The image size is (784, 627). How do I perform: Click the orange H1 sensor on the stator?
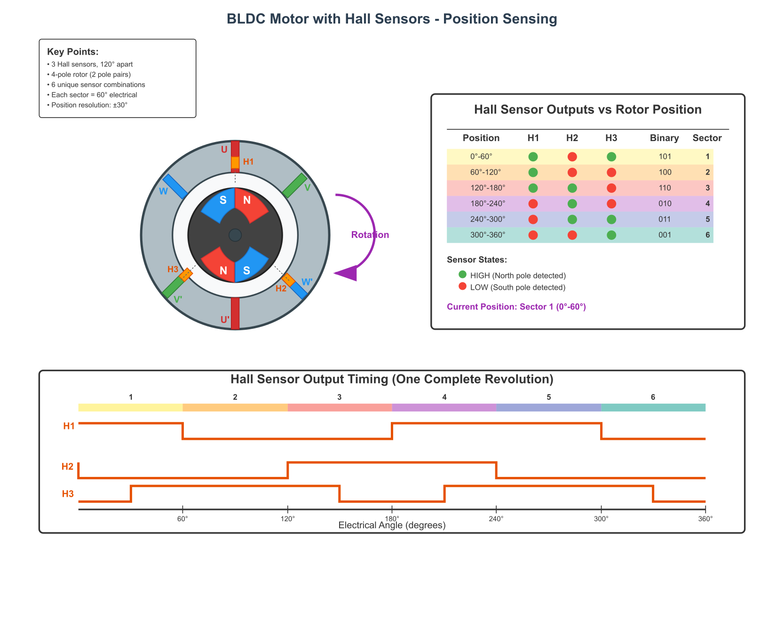coord(235,163)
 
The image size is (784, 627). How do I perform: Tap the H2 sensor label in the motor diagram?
coord(281,288)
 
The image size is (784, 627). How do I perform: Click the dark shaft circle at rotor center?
coord(235,235)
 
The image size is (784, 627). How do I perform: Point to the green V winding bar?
coord(295,185)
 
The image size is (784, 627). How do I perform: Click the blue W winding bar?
coord(175,186)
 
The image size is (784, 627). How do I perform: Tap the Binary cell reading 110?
coord(665,188)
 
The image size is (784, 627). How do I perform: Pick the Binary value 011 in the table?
coord(665,219)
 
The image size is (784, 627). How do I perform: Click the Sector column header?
coord(707,138)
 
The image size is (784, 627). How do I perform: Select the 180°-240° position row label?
coord(488,204)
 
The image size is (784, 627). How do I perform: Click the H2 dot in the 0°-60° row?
coord(572,157)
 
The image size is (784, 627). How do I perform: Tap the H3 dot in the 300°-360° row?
coord(611,235)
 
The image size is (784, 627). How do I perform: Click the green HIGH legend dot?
coord(462,274)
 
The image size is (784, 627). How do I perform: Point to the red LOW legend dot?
coord(462,286)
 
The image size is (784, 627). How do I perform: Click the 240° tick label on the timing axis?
coord(496,518)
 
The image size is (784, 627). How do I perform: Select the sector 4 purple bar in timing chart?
coord(444,407)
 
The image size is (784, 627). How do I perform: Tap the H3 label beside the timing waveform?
coord(68,494)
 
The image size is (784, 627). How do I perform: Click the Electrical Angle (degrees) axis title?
coord(392,525)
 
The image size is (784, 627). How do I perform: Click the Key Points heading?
coord(73,52)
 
